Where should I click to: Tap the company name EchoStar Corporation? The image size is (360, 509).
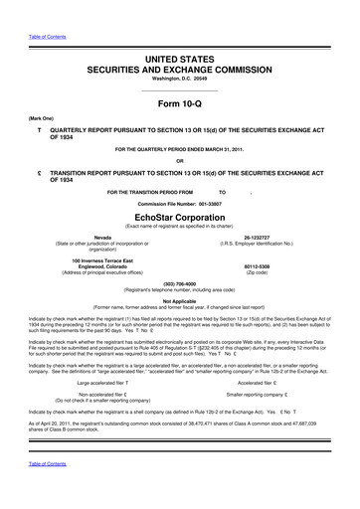(x=179, y=211)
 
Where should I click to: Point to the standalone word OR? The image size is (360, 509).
(x=179, y=162)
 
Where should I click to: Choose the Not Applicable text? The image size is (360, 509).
(x=179, y=299)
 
